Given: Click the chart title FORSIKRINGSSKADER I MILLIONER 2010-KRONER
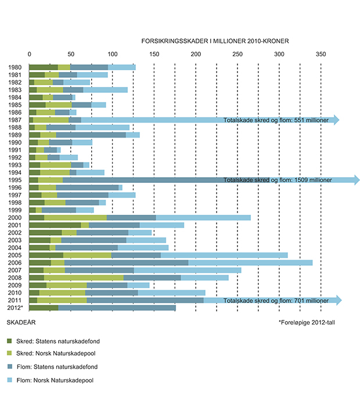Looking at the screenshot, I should click(x=215, y=42).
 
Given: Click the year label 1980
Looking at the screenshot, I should click(x=16, y=67).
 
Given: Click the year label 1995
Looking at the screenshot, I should click(x=16, y=180).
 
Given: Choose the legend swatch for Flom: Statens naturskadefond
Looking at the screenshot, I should click(x=10, y=366).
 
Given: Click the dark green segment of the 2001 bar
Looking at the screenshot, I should click(x=55, y=225).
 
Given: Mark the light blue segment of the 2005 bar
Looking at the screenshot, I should click(x=224, y=255).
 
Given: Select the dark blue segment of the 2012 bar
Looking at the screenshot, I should click(x=117, y=308).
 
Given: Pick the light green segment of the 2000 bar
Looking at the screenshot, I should click(x=75, y=218).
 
